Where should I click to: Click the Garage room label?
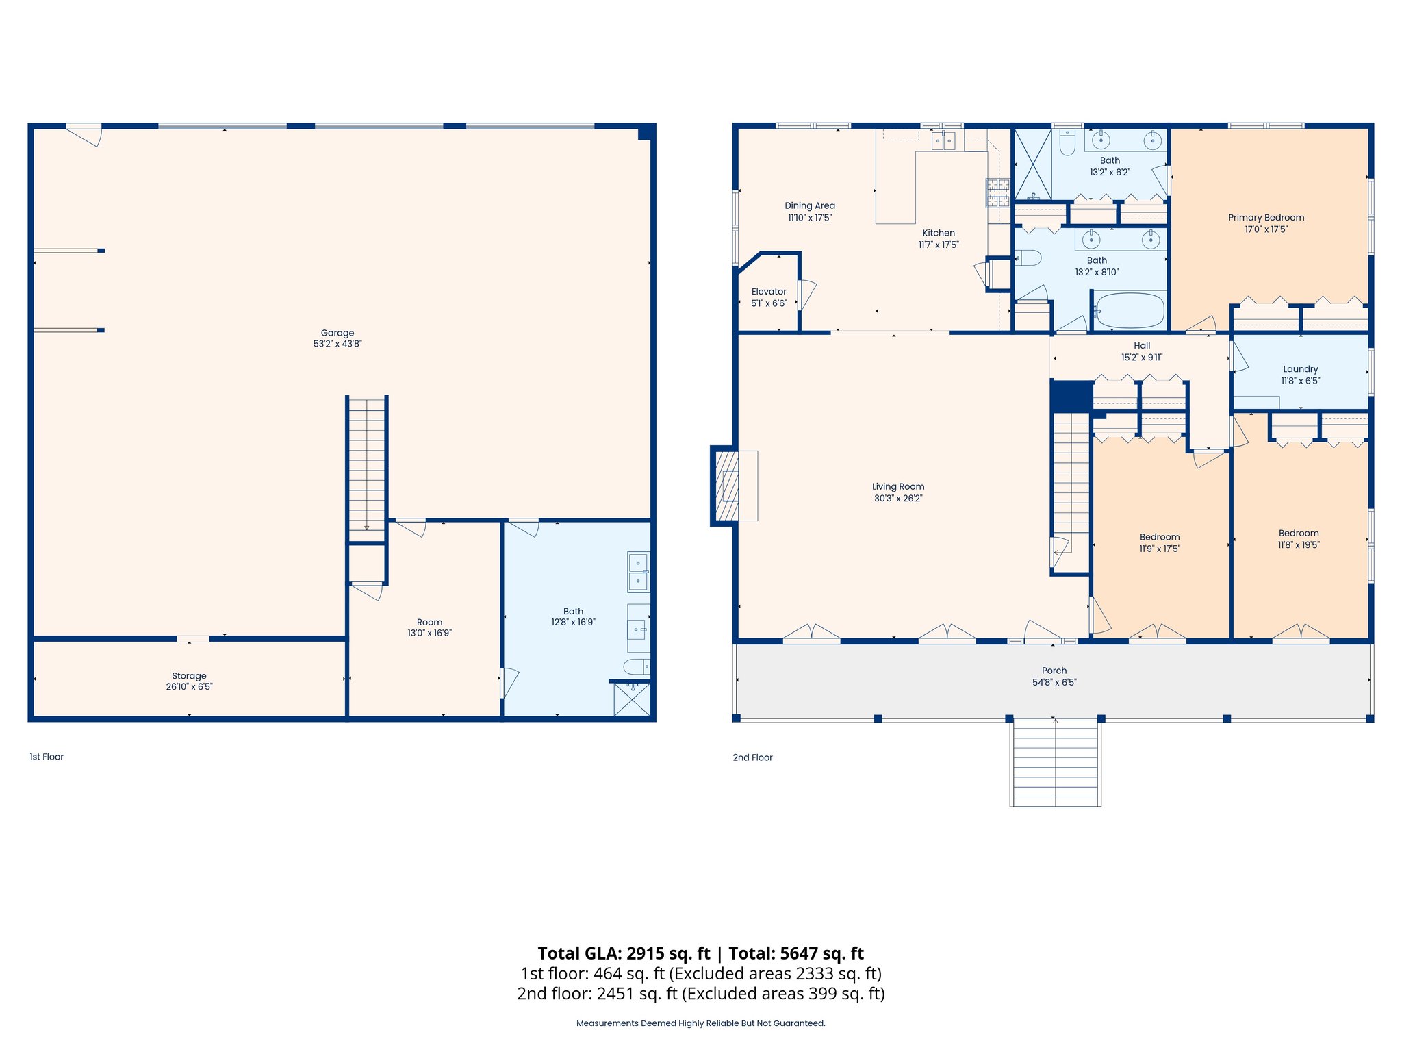[x=337, y=333]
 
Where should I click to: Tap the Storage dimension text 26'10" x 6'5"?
[x=189, y=686]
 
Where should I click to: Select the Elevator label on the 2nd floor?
[x=769, y=291]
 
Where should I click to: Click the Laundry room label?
[x=1300, y=368]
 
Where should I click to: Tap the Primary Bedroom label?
[x=1266, y=217]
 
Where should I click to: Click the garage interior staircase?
[x=367, y=469]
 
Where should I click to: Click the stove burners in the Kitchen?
[x=997, y=192]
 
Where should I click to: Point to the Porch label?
[x=1054, y=671]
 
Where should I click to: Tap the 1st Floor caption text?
[x=47, y=757]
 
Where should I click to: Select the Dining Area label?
[x=809, y=205]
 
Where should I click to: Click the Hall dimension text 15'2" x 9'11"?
[x=1141, y=357]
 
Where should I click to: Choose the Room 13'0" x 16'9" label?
[x=429, y=622]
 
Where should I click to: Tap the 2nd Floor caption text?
[x=752, y=757]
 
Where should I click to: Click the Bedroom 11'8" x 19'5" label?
[x=1299, y=533]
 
